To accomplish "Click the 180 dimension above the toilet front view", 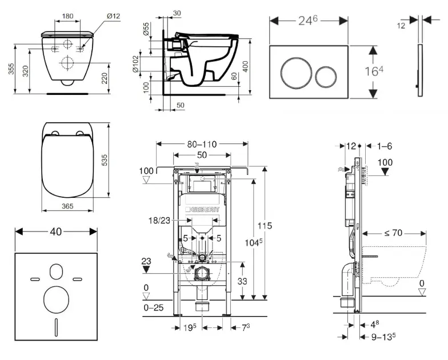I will [x=67, y=15].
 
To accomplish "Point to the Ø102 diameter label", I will [x=136, y=64].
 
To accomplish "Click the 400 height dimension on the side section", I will [x=246, y=58].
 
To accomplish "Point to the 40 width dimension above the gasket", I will [x=56, y=231].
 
